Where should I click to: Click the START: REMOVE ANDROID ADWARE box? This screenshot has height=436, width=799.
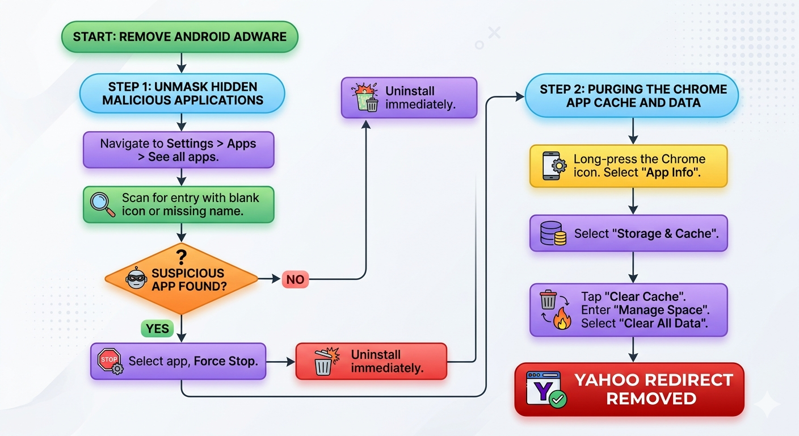pyautogui.click(x=180, y=37)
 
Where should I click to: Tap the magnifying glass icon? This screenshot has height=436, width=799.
pyautogui.click(x=102, y=204)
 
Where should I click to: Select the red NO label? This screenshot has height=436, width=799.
pyautogui.click(x=295, y=279)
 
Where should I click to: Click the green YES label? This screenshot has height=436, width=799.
pyautogui.click(x=157, y=328)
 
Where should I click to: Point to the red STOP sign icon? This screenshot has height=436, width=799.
pyautogui.click(x=109, y=360)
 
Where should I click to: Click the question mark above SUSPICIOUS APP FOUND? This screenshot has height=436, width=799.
pyautogui.click(x=182, y=257)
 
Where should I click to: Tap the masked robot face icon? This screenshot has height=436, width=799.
pyautogui.click(x=136, y=278)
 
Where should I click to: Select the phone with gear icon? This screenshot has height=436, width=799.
pyautogui.click(x=554, y=166)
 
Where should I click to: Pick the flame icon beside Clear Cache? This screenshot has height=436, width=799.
pyautogui.click(x=562, y=318)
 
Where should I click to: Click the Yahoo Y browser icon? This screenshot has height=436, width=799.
pyautogui.click(x=543, y=388)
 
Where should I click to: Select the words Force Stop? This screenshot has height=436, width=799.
pyautogui.click(x=226, y=361)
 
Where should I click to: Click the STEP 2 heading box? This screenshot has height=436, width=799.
pyautogui.click(x=632, y=95)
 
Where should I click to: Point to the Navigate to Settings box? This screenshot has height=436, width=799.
pyautogui.click(x=179, y=150)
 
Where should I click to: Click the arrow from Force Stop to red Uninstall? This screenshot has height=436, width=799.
pyautogui.click(x=280, y=362)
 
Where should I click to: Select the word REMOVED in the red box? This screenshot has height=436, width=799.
pyautogui.click(x=651, y=399)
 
